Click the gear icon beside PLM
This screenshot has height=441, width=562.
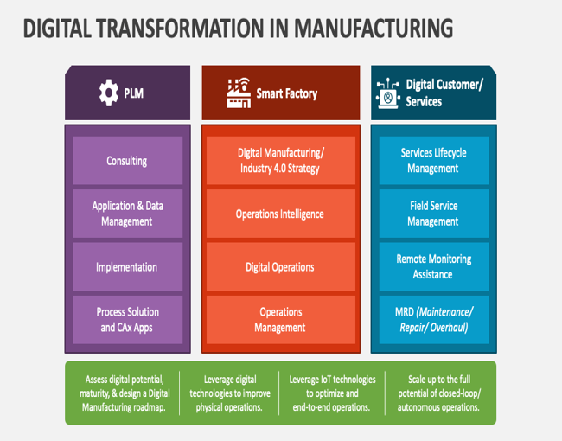click(x=109, y=93)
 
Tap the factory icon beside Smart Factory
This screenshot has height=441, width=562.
click(x=239, y=93)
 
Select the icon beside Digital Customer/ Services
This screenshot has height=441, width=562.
click(x=388, y=93)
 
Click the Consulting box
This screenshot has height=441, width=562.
click(x=128, y=160)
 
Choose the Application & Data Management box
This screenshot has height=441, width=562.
click(x=128, y=214)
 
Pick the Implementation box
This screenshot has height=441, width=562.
click(x=128, y=266)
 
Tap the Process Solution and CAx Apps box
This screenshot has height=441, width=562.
click(x=128, y=319)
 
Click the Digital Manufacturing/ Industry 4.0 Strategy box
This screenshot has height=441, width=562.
click(x=281, y=160)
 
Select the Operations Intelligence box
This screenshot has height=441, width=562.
click(x=281, y=214)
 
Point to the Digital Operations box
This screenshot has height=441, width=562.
click(x=281, y=266)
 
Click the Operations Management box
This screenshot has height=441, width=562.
click(x=281, y=319)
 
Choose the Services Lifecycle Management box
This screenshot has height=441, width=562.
click(x=434, y=160)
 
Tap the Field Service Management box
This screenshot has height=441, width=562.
click(x=434, y=214)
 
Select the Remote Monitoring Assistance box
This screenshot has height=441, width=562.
click(x=434, y=266)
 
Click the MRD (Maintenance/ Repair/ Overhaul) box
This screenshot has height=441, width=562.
click(x=434, y=319)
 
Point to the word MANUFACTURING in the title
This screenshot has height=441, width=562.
click(x=374, y=29)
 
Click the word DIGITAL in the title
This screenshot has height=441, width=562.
click(x=57, y=29)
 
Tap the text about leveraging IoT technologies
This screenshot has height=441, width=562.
click(x=332, y=393)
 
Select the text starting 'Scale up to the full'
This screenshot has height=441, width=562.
click(x=438, y=393)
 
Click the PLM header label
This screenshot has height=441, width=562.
click(x=134, y=93)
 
